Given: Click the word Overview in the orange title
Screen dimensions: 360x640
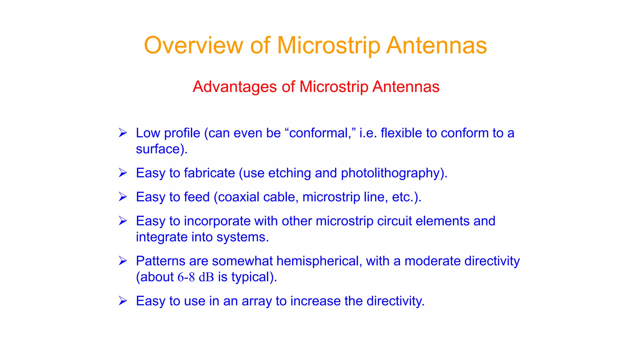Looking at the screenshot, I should [x=193, y=46].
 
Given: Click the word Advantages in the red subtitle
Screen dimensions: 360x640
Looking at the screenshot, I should [x=234, y=87].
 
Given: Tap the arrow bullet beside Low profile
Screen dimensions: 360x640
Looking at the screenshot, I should [x=123, y=133].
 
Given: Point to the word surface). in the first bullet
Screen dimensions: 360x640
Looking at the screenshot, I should [x=162, y=149].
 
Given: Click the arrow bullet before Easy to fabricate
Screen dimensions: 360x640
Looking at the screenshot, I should [x=123, y=173].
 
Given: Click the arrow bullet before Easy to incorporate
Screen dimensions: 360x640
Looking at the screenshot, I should [x=123, y=221].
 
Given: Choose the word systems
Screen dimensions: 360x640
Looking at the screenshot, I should [x=242, y=237].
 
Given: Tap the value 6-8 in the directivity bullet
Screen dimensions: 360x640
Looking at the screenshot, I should [x=186, y=277].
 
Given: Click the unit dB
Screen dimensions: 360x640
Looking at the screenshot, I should [x=206, y=277].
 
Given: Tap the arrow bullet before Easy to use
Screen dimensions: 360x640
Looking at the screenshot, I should [x=123, y=301].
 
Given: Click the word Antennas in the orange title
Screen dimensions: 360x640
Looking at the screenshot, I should [x=436, y=46].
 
